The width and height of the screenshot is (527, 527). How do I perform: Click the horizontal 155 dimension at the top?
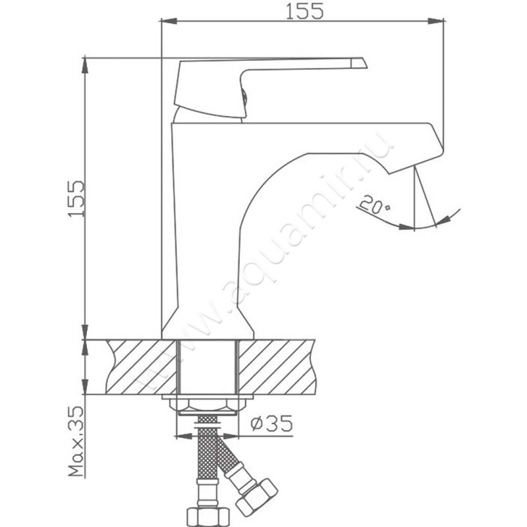pos(304,11)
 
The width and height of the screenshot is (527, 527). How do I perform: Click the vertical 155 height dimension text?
pos(76,199)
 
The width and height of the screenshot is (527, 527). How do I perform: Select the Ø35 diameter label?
pos(271,424)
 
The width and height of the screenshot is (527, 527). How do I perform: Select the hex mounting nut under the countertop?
pos(208,405)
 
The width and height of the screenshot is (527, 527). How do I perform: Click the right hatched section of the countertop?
pos(277,367)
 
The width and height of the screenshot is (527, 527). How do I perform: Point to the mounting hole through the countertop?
pos(208,367)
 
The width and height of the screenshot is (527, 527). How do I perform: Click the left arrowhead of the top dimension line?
pos(169,21)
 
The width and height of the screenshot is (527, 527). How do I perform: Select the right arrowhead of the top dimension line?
pos(436,21)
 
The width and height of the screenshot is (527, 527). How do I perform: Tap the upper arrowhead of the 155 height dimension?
pos(85,66)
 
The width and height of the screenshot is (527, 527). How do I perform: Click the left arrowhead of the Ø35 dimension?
pos(184,436)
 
